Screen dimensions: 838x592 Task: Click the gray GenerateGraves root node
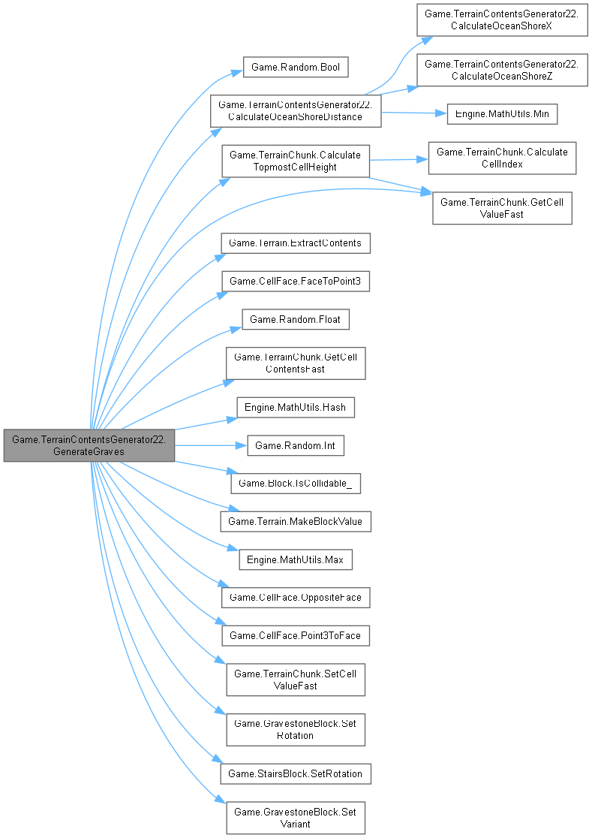tap(89, 446)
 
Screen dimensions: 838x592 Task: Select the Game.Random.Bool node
tap(295, 68)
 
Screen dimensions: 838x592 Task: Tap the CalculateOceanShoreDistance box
tap(296, 110)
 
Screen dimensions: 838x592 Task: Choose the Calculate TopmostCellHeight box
tap(295, 161)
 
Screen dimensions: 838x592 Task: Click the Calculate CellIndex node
tap(502, 158)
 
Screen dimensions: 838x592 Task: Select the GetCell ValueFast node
tap(502, 208)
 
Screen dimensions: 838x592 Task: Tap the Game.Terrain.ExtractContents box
tap(295, 243)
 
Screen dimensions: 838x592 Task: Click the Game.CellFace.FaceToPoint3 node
tap(295, 281)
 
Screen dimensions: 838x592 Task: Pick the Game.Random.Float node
tap(295, 319)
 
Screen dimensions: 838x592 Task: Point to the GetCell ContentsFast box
tap(296, 363)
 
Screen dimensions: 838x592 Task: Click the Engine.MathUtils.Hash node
tap(295, 408)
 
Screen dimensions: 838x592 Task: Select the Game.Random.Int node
tap(296, 446)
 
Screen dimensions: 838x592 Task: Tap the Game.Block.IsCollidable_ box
tap(296, 484)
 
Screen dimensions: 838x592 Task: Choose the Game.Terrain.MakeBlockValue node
tap(296, 521)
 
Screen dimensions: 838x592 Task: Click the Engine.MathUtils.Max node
tap(295, 559)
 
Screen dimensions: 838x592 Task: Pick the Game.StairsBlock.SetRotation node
tap(296, 772)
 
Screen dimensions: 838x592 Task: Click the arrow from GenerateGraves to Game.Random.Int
tap(211, 446)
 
